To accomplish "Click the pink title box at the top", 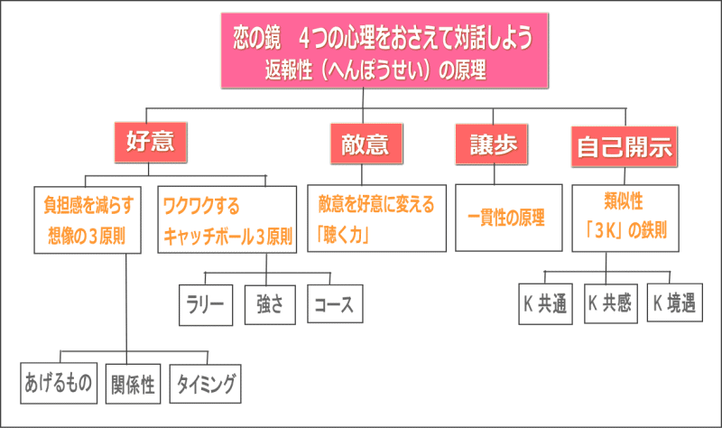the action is (384, 51).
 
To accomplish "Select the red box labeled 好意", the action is (151, 142).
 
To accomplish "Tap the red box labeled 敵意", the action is (366, 144).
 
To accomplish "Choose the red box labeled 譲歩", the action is (491, 144).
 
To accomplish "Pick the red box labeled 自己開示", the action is (625, 146).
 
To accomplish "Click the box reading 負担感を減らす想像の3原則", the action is (88, 219).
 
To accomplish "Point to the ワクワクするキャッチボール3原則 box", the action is (227, 219).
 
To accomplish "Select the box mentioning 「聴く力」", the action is (376, 219).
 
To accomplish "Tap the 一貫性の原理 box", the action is (509, 218).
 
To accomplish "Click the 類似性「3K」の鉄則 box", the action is (625, 219).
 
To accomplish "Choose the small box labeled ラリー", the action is (206, 305).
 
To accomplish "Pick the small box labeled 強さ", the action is (270, 304).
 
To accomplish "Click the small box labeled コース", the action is (335, 303).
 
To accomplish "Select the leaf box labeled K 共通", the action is (546, 304).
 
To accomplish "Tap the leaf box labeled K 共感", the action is (611, 303).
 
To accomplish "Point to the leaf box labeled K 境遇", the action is (675, 302).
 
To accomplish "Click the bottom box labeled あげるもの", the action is (59, 384).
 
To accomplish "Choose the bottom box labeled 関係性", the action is (133, 384).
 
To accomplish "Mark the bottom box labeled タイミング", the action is (206, 384).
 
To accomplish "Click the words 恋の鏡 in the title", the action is (256, 37).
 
